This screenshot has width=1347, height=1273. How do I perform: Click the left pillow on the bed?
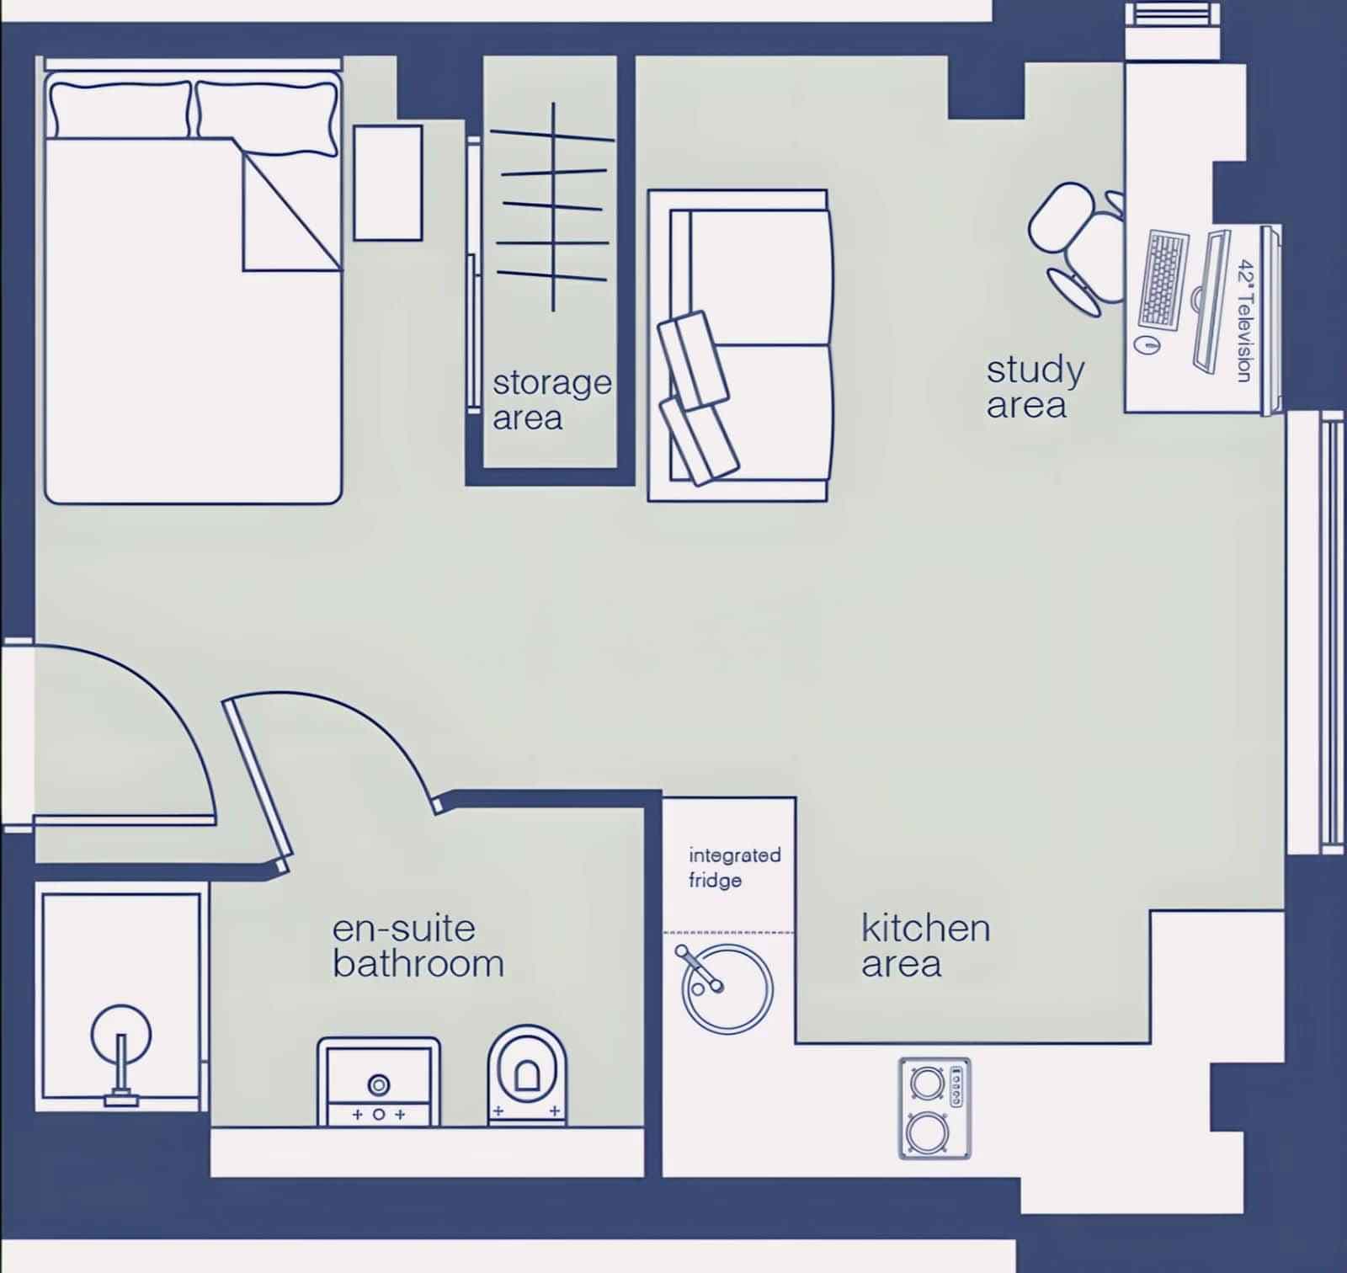(119, 109)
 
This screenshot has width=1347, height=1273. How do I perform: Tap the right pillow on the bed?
(268, 116)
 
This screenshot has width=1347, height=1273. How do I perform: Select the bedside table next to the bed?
(387, 183)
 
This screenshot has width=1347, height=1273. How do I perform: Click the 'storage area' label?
(551, 400)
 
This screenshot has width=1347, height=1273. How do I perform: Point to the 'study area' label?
(1035, 386)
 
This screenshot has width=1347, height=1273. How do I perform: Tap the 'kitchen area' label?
(924, 945)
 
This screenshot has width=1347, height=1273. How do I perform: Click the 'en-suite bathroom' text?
(418, 946)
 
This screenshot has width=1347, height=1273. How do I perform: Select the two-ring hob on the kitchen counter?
(934, 1108)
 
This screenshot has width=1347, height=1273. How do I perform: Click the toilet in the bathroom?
(527, 1073)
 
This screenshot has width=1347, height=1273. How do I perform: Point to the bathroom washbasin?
(378, 1082)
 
